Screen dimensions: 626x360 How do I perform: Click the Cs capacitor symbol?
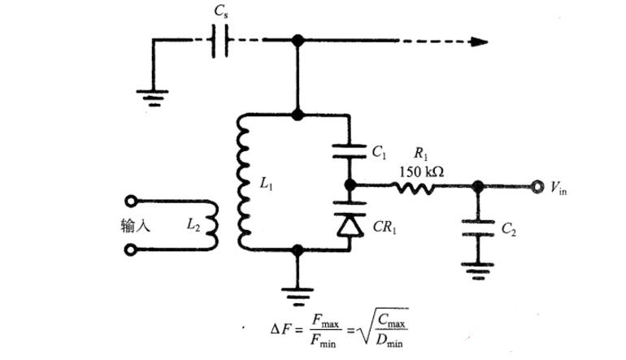point(220,41)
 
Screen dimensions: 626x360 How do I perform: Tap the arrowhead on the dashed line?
point(479,41)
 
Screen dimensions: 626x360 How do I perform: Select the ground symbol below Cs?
point(153,98)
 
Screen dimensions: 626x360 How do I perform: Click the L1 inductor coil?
point(243,181)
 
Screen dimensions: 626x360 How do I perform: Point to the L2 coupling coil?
point(213,225)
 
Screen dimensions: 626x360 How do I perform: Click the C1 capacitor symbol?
point(350,152)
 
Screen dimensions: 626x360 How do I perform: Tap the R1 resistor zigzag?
point(413,186)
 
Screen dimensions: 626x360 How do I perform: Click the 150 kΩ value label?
point(422,171)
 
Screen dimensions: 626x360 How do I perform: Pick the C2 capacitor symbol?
point(478,228)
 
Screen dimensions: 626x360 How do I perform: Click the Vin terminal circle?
point(537,186)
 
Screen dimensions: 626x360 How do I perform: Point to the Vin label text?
point(559,188)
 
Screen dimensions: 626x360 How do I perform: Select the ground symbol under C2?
point(477,271)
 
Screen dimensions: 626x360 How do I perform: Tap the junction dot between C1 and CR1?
point(350,185)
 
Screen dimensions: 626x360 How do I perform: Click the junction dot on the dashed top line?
point(298,41)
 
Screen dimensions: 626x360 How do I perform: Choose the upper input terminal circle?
point(132,202)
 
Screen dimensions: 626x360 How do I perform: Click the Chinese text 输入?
point(135,225)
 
